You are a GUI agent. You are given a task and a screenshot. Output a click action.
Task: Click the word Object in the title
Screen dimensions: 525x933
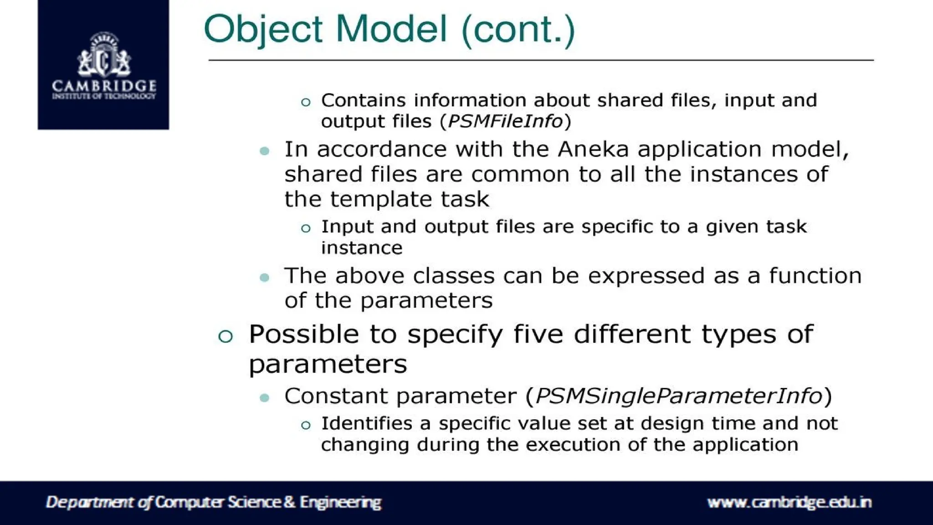[263, 29]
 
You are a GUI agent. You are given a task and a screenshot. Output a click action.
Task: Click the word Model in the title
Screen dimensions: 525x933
[391, 29]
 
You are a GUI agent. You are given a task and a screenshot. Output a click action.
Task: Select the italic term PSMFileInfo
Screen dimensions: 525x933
[505, 121]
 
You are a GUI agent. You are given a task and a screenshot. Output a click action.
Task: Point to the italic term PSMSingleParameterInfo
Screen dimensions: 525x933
[679, 396]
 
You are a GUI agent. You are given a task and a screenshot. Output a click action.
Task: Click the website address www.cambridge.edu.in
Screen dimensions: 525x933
[789, 502]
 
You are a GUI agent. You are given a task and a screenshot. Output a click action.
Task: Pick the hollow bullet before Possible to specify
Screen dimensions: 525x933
[226, 336]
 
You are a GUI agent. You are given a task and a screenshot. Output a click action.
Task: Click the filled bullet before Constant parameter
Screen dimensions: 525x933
[264, 398]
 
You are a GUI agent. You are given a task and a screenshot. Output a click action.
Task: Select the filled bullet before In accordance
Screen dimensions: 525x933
[264, 151]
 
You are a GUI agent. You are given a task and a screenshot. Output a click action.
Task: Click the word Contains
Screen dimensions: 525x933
[363, 100]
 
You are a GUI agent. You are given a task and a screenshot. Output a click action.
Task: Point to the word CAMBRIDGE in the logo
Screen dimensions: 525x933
[104, 86]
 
